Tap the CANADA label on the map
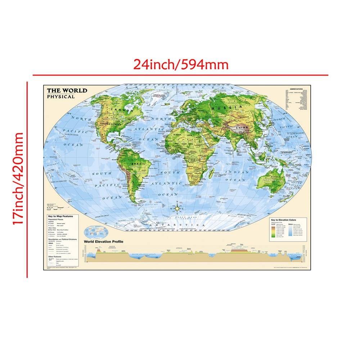coord(121,108)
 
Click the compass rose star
coord(177,208)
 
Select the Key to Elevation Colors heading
coord(287,220)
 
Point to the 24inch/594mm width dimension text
coord(181,64)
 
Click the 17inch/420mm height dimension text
coord(18,179)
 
